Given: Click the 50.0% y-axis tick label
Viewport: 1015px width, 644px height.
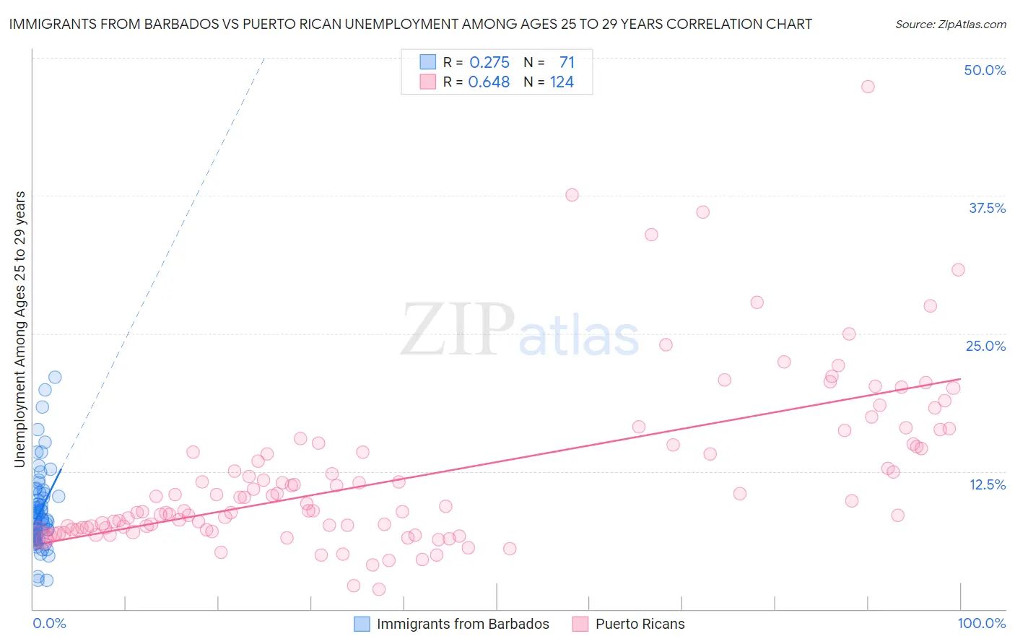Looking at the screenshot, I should pyautogui.click(x=985, y=70).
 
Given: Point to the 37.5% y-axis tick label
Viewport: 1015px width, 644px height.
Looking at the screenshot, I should pyautogui.click(x=987, y=208).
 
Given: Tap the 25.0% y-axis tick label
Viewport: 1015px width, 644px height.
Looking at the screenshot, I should pyautogui.click(x=985, y=346).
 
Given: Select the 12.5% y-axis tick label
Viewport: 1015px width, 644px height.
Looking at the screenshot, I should pyautogui.click(x=987, y=484).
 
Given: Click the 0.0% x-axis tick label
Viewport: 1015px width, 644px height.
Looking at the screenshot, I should pyautogui.click(x=49, y=623).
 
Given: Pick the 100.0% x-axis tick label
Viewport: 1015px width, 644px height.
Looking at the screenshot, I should pyautogui.click(x=981, y=623).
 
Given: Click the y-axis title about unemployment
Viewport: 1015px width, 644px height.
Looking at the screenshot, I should pyautogui.click(x=19, y=329).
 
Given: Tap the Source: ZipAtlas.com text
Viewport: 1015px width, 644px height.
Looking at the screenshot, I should pyautogui.click(x=950, y=24).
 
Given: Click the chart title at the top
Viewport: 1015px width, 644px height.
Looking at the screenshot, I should pyautogui.click(x=410, y=24).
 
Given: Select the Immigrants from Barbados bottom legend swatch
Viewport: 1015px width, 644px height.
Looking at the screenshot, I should pyautogui.click(x=362, y=624).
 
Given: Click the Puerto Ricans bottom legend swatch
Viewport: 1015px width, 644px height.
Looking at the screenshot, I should pyautogui.click(x=580, y=624).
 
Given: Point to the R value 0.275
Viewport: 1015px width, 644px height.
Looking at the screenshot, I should pyautogui.click(x=489, y=63).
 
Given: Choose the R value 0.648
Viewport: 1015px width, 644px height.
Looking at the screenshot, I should pyautogui.click(x=489, y=82).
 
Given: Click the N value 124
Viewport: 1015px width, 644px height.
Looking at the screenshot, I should pyautogui.click(x=562, y=82).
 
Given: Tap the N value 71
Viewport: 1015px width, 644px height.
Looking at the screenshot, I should pyautogui.click(x=567, y=63).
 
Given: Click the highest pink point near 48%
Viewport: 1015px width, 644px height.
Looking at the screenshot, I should pyautogui.click(x=868, y=87).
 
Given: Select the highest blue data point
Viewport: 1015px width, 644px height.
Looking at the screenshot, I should pyautogui.click(x=55, y=377).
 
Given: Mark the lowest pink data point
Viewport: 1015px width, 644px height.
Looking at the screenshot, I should pyautogui.click(x=379, y=590).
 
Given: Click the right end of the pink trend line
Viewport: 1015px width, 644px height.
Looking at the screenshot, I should pyautogui.click(x=960, y=378).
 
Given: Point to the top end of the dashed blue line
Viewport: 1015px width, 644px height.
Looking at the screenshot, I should pyautogui.click(x=264, y=57).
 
